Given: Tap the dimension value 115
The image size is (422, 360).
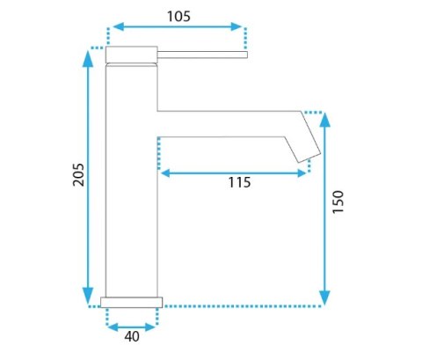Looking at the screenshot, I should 238,183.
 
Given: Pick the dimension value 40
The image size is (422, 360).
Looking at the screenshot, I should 131,335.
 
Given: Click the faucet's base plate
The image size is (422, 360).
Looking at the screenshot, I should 132,302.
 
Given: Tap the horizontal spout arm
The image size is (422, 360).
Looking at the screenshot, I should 229,123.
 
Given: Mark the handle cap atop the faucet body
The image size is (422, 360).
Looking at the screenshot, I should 131,55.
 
